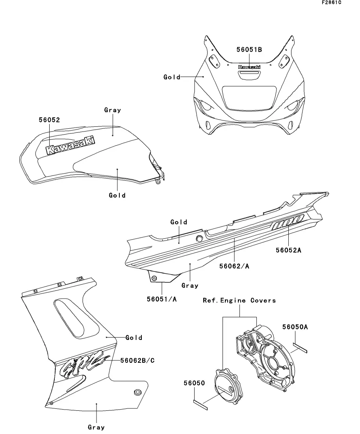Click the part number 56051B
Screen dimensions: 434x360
click(x=249, y=50)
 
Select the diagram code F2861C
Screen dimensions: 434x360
click(x=331, y=3)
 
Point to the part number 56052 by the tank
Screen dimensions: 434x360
click(x=49, y=120)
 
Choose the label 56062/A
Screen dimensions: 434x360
click(x=234, y=266)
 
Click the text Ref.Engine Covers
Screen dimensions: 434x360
click(x=239, y=300)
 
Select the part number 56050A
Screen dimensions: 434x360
click(x=295, y=326)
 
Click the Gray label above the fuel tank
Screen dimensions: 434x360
click(x=113, y=110)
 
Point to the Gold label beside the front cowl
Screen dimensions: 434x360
click(x=172, y=77)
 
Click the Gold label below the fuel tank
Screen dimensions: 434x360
click(x=117, y=195)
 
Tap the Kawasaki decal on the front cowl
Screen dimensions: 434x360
click(x=249, y=67)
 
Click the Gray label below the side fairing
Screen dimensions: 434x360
click(x=96, y=427)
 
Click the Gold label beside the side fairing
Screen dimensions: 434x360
click(x=134, y=338)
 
